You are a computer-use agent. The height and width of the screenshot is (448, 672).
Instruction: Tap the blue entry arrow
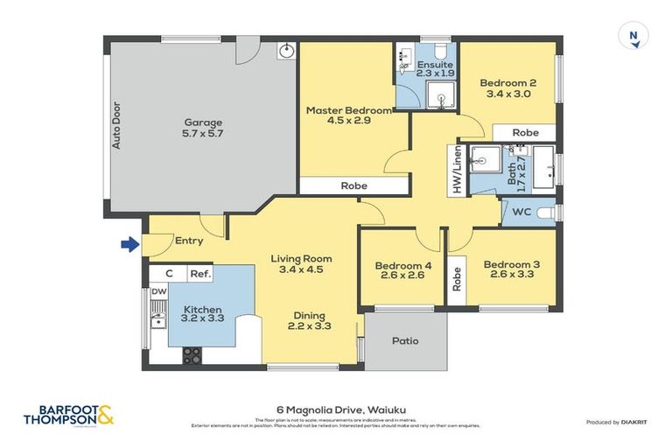tap(129, 245)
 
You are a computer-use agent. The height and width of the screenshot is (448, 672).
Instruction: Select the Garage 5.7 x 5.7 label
tap(202, 129)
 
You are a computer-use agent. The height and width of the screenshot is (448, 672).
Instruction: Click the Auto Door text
tap(115, 127)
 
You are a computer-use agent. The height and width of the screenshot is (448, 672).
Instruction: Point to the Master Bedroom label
tap(348, 116)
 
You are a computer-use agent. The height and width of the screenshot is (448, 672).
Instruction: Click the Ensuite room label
tap(435, 69)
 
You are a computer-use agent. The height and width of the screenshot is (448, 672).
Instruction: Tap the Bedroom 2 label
tap(507, 88)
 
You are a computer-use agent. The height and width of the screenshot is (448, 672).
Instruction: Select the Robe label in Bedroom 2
tap(525, 133)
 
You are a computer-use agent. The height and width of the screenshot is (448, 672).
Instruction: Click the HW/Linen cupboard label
tap(456, 171)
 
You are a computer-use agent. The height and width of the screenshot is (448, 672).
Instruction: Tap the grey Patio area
tap(404, 340)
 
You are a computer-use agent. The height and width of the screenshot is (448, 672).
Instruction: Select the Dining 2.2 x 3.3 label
tap(310, 321)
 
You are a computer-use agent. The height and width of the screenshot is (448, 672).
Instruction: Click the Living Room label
tap(301, 264)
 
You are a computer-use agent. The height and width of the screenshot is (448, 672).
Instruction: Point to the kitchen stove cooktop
tap(192, 355)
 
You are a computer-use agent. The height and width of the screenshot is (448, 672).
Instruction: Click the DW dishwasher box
tap(158, 291)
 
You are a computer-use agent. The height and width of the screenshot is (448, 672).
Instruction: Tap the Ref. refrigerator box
tap(199, 274)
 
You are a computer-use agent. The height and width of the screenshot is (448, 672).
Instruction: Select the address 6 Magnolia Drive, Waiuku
tap(336, 409)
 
